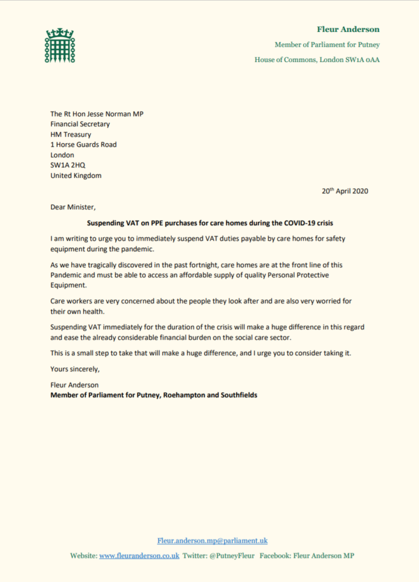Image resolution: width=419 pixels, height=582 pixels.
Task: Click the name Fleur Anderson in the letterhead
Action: click(x=348, y=30)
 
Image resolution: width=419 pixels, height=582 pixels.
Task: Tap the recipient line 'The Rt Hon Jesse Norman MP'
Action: click(x=97, y=114)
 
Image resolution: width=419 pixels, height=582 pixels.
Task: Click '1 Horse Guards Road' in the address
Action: click(x=84, y=144)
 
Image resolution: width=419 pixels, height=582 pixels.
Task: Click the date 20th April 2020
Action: click(x=345, y=191)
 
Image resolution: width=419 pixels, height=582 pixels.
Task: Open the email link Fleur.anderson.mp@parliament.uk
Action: click(x=212, y=541)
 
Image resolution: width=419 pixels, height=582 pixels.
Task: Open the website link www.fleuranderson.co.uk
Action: click(x=139, y=555)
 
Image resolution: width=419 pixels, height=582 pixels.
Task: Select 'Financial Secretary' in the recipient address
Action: click(x=80, y=124)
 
